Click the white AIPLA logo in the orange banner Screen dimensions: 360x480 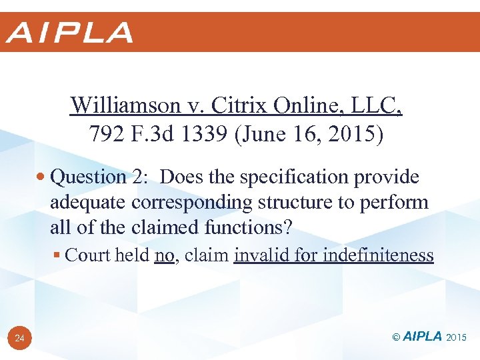[x=70, y=32]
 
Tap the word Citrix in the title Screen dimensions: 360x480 [x=231, y=105]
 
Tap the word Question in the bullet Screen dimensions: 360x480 [x=88, y=177]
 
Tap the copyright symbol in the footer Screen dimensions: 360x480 [x=397, y=337]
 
